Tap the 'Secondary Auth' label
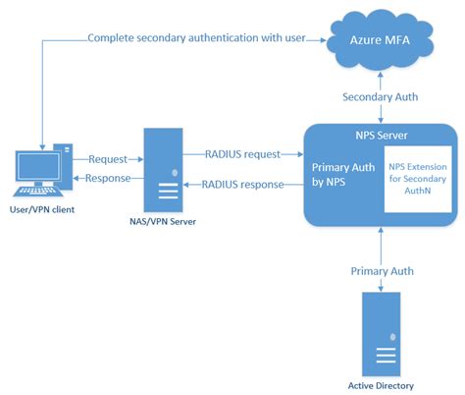coord(380,97)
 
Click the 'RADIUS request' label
coord(242,153)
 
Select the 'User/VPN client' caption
coord(42,210)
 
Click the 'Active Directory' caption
coord(380,384)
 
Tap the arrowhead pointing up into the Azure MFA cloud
coord(380,78)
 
